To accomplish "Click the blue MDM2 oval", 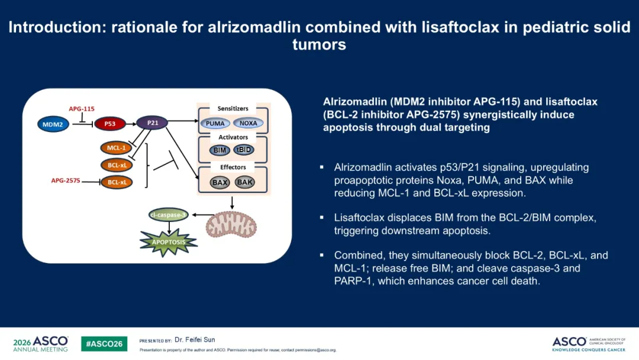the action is point(53,124).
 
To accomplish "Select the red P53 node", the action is point(109,124).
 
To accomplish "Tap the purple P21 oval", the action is point(152,123).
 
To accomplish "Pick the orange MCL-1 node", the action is point(116,147).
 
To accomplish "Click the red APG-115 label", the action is point(82,109).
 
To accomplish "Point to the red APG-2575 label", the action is point(66,181).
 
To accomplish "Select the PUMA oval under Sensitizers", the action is point(215,124).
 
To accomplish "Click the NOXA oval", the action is point(248,123).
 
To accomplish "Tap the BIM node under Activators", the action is point(220,150).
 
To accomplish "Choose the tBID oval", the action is point(244,150).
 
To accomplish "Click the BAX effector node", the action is point(220,182).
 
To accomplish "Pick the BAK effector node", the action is point(244,182).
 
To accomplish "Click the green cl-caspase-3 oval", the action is point(168,215).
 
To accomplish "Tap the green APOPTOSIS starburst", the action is point(169,242).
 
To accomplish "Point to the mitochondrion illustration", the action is point(231,224).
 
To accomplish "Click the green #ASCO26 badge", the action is point(104,343).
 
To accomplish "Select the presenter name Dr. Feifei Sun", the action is point(195,340).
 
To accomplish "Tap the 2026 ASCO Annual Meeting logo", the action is point(41,344).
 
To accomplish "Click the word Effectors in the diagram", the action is point(233,167).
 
